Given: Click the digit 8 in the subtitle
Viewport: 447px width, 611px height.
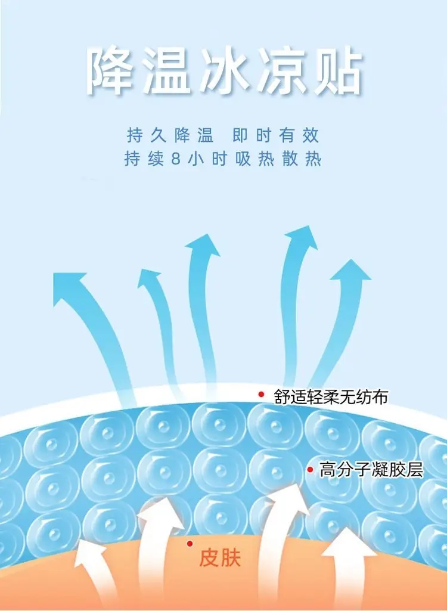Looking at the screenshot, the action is (x=176, y=159).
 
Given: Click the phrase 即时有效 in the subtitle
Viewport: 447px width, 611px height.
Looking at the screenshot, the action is (x=276, y=135).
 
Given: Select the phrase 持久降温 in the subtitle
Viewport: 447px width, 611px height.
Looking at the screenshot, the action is (x=170, y=135).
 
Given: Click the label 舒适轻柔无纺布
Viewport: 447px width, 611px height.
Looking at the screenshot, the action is (x=331, y=396).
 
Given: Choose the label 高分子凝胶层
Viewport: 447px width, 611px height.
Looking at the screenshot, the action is (x=371, y=470).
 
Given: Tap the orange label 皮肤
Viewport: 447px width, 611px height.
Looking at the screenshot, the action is (x=220, y=557).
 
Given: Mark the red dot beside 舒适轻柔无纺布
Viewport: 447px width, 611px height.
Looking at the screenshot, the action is (x=261, y=395).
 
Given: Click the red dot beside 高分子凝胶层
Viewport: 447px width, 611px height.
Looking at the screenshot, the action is (x=310, y=470).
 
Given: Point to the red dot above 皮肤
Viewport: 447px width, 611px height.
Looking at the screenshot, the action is (x=190, y=543).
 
